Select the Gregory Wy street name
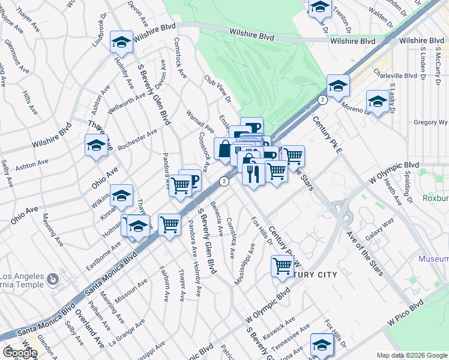tap(430, 122)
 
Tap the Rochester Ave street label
tap(137, 140)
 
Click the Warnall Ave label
tap(200, 121)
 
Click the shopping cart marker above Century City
tap(282, 265)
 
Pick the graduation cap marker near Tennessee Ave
tap(322, 345)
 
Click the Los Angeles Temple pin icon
tap(53, 280)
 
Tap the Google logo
tap(20, 353)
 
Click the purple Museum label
tap(433, 259)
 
